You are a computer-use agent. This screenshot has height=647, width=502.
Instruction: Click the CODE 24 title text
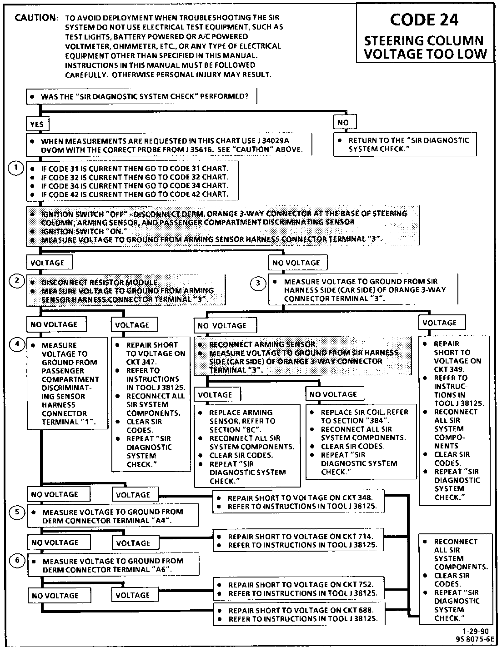click(424, 20)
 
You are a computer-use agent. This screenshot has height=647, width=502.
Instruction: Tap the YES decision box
click(37, 124)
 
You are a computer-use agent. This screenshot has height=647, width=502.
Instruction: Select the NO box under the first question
click(344, 123)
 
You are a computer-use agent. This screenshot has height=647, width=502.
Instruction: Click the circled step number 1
click(16, 169)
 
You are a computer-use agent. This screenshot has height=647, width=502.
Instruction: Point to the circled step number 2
click(17, 281)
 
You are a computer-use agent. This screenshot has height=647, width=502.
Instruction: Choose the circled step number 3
click(258, 284)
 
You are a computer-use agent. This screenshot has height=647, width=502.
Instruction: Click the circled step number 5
click(17, 512)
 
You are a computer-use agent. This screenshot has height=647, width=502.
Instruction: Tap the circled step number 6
click(17, 561)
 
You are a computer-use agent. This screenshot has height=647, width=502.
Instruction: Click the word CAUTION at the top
click(35, 18)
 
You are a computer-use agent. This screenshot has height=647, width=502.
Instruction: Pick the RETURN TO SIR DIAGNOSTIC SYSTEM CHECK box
click(405, 144)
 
